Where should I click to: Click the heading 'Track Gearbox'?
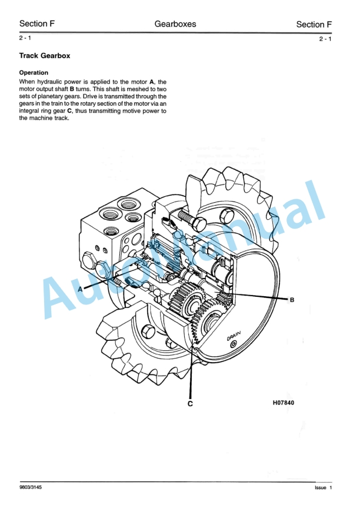(45, 56)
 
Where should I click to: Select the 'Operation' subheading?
(34, 73)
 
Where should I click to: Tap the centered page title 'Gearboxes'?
(175, 24)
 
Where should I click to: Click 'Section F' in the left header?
(37, 24)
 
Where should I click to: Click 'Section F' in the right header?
(314, 24)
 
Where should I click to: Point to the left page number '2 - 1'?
(25, 38)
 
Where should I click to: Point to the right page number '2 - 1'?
(325, 39)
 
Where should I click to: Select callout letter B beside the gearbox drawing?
(291, 299)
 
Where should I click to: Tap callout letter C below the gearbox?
(191, 404)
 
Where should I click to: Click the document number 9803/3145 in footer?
(31, 488)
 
